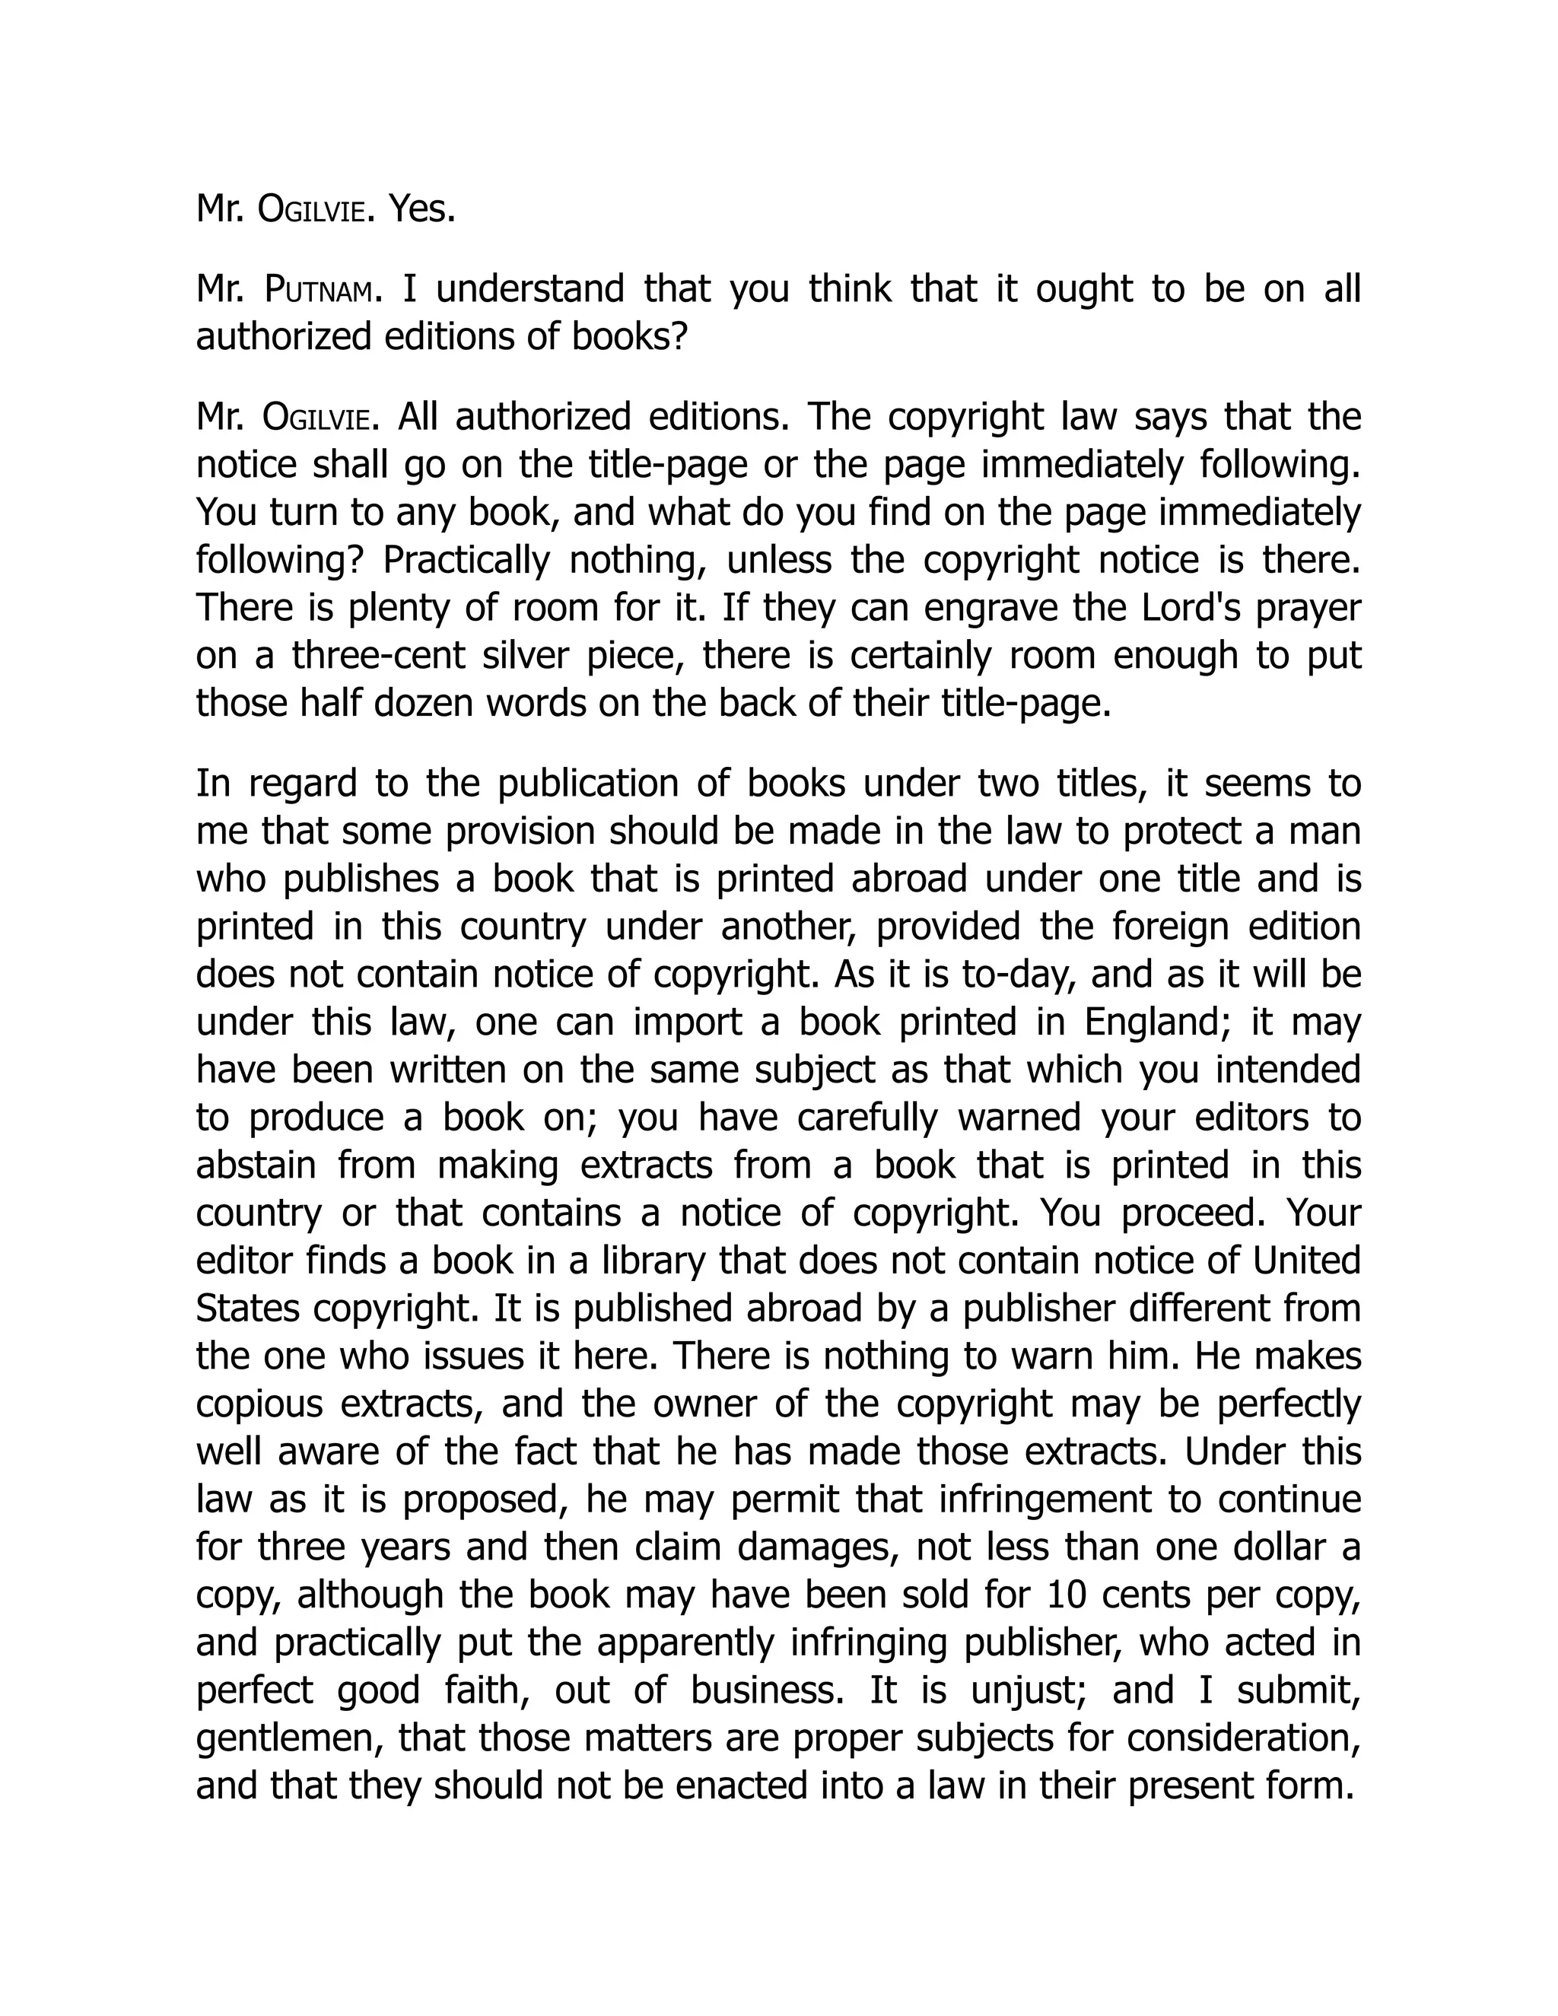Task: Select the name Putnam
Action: point(320,290)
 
